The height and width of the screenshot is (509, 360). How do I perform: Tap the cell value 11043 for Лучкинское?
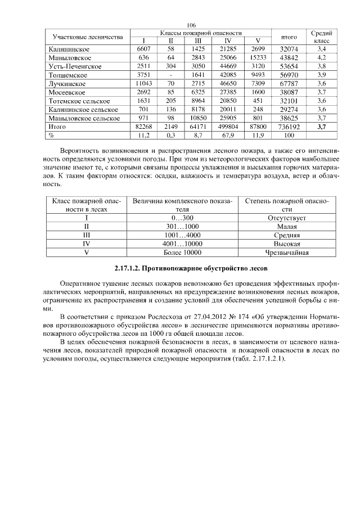(144, 83)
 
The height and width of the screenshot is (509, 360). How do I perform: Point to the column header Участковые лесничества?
(87, 37)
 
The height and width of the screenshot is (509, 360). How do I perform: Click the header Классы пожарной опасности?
(201, 33)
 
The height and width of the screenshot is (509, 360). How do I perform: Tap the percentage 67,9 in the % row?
(228, 136)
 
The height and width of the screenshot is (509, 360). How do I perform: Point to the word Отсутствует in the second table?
(287, 217)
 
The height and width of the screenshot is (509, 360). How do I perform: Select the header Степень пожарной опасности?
(287, 204)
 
